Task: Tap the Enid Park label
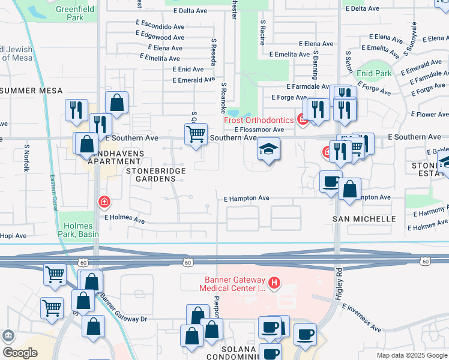coord(373,73)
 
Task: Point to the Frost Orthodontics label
coord(259,119)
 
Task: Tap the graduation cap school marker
coord(268,150)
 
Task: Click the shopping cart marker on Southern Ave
coord(196,134)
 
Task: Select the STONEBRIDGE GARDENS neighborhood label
coord(155,175)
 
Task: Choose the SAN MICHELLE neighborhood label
coord(364,220)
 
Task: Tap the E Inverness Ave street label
coord(361,317)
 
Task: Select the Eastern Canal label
coord(53,192)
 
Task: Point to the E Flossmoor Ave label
coord(259,129)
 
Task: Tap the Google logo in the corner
coord(20,353)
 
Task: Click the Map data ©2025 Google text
coord(411,355)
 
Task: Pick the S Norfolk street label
coord(26,158)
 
